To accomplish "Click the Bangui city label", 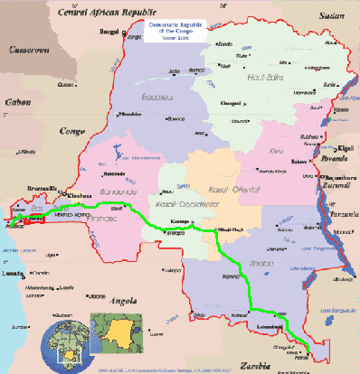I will click(110, 32).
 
